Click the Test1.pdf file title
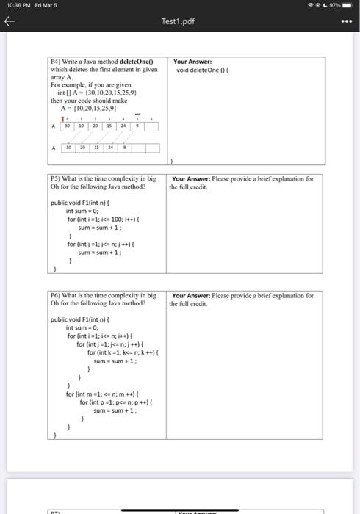click(x=179, y=23)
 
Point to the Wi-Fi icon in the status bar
click(x=317, y=7)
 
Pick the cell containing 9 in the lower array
click(x=123, y=148)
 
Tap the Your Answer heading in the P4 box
click(x=192, y=62)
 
